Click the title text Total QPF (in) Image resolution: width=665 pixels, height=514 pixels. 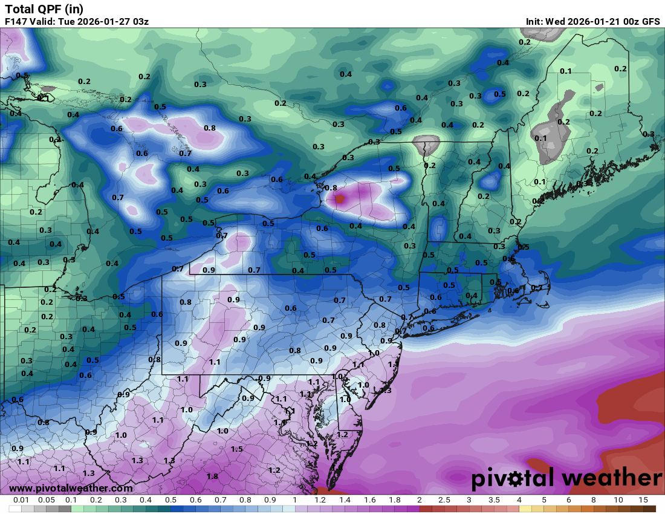pos(44,9)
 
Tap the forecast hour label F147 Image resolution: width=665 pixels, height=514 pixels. pos(16,22)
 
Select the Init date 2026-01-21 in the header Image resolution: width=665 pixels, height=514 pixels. pos(590,22)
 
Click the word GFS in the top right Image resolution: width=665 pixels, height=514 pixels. pos(650,22)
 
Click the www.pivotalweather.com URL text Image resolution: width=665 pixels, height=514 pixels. pos(71,488)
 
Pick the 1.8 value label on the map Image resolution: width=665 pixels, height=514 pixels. pos(212,477)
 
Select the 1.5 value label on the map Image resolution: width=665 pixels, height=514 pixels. pos(237,449)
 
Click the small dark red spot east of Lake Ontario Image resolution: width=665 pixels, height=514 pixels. pos(339,198)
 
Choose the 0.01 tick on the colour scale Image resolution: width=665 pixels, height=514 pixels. pos(22,500)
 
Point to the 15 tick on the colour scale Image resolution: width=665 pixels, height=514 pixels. pos(643,500)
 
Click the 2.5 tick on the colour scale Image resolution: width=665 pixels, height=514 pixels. pos(444,500)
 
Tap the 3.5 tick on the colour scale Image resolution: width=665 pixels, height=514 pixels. pos(494,500)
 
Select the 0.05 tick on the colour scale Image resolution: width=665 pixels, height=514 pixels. pos(47,500)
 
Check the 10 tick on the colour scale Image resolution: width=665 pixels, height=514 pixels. pos(618,500)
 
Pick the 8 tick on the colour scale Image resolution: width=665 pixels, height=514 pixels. pos(594,500)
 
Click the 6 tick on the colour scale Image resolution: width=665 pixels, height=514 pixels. pos(569,500)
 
